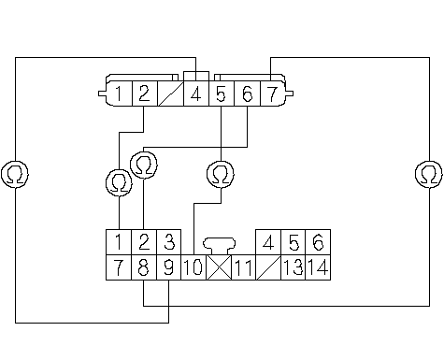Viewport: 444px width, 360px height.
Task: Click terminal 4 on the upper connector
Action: point(196,94)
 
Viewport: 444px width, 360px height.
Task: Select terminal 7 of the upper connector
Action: point(272,94)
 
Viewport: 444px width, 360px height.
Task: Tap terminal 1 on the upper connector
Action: point(120,94)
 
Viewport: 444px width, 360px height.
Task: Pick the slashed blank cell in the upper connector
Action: point(171,94)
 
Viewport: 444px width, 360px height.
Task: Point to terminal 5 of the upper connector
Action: point(222,94)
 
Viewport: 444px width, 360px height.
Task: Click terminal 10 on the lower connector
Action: point(193,267)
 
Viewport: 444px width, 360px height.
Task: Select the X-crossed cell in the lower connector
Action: point(219,267)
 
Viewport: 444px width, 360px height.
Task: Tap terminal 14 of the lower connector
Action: point(318,267)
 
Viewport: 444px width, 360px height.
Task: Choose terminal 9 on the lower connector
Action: point(168,267)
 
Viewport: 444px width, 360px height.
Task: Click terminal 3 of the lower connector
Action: point(168,242)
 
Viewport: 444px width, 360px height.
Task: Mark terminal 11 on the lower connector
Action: point(244,267)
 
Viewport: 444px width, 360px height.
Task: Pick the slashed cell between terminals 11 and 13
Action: point(268,267)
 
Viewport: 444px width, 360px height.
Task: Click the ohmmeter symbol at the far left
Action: point(15,174)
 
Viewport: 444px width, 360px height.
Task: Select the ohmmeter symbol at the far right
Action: point(429,174)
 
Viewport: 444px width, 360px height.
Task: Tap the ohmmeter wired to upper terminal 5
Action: point(221,174)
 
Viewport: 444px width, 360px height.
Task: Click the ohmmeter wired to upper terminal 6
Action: point(144,165)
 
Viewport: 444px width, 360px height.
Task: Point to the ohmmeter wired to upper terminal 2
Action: point(119,183)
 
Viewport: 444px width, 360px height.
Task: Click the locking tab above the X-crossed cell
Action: point(219,246)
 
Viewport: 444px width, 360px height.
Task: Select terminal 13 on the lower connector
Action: point(294,267)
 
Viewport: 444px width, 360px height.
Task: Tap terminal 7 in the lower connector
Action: point(119,267)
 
